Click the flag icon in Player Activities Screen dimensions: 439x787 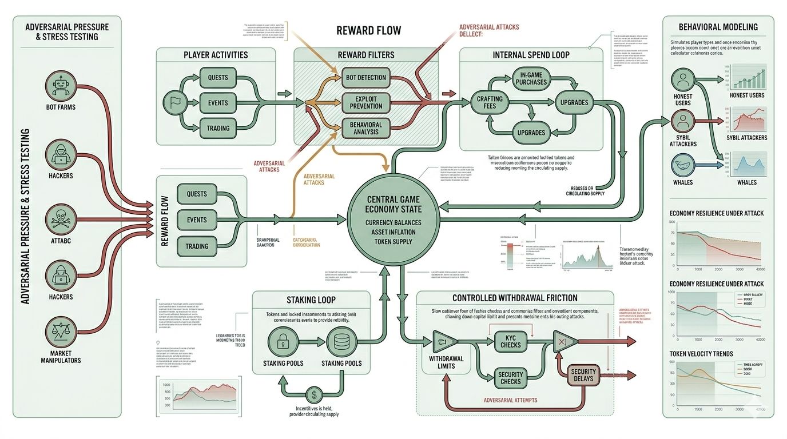175,103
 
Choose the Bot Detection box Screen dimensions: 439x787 366,77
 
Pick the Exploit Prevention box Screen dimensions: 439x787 366,103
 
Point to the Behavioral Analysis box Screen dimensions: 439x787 366,128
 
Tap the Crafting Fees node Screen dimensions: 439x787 490,103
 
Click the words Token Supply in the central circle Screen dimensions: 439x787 394,242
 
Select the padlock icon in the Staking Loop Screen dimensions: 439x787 283,342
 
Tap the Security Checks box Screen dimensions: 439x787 510,377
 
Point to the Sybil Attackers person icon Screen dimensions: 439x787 683,122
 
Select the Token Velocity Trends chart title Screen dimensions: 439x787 701,354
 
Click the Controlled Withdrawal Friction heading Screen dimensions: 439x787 515,298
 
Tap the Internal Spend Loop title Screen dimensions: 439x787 531,55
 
